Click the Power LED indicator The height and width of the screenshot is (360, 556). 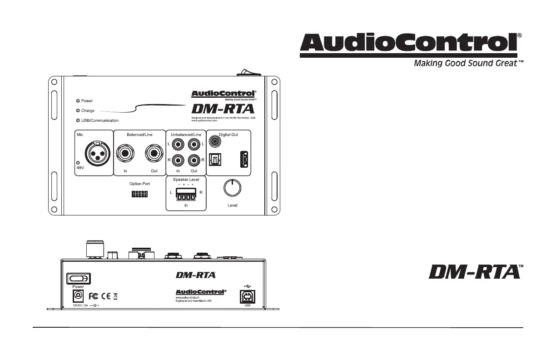click(x=78, y=101)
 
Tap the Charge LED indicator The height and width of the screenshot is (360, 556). click(x=78, y=110)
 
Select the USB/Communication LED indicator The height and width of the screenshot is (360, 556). click(x=78, y=120)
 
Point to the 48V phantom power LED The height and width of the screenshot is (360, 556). click(x=78, y=163)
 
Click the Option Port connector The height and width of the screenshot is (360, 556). click(x=139, y=194)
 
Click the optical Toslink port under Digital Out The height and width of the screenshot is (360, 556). click(x=214, y=160)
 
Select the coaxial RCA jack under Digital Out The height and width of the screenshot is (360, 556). click(x=214, y=142)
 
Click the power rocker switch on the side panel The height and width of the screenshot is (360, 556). click(x=79, y=278)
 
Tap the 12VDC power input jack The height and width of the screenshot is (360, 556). click(x=78, y=296)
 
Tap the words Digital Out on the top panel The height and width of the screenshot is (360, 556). click(x=228, y=135)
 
